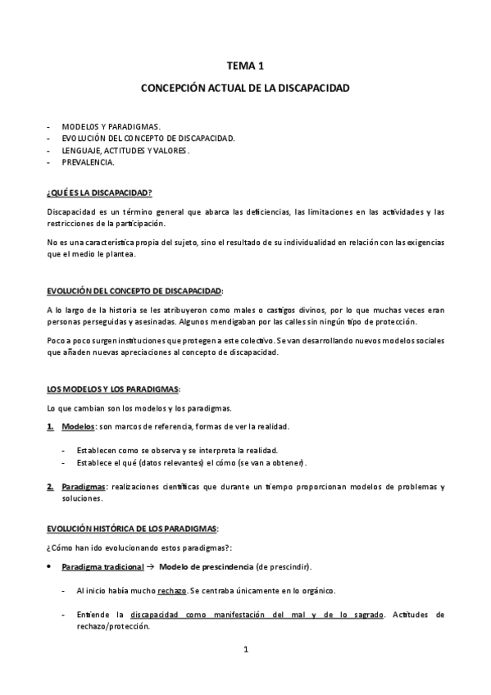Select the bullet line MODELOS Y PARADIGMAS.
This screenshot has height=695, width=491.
(110, 127)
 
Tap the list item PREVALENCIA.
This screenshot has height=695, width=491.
(88, 162)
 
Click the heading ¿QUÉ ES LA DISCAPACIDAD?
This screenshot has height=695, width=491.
(99, 193)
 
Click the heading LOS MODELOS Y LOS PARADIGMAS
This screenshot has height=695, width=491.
(113, 388)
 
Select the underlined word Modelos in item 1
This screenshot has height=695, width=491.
(78, 427)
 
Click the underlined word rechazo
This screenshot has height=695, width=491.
(172, 591)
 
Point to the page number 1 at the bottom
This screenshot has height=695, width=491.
(245, 650)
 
